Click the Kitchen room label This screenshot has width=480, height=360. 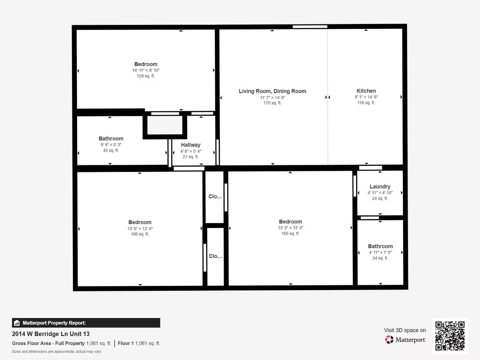click(366, 91)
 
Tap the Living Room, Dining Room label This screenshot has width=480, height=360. click(272, 91)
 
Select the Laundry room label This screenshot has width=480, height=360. click(380, 186)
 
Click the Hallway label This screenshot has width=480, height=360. click(190, 145)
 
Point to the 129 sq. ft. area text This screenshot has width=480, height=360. click(146, 76)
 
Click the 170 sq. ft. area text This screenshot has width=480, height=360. click(272, 103)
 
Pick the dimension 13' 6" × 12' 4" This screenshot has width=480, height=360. click(140, 229)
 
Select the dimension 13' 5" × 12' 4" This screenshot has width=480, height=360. click(290, 228)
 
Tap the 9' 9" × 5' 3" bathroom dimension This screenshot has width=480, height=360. click(111, 145)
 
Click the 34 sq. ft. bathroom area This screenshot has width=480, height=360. click(380, 258)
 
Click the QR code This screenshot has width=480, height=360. click(450, 336)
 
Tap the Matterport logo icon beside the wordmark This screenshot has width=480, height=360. click(389, 340)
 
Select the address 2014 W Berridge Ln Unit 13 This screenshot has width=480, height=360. click(51, 334)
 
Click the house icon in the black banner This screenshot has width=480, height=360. click(17, 323)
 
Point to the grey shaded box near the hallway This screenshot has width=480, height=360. click(165, 125)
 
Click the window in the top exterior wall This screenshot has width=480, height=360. click(310, 27)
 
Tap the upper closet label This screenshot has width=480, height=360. click(215, 196)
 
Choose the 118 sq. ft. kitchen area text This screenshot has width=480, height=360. click(366, 103)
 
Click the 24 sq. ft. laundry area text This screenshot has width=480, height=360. click(380, 198)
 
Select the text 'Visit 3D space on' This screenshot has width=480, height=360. click(405, 330)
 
